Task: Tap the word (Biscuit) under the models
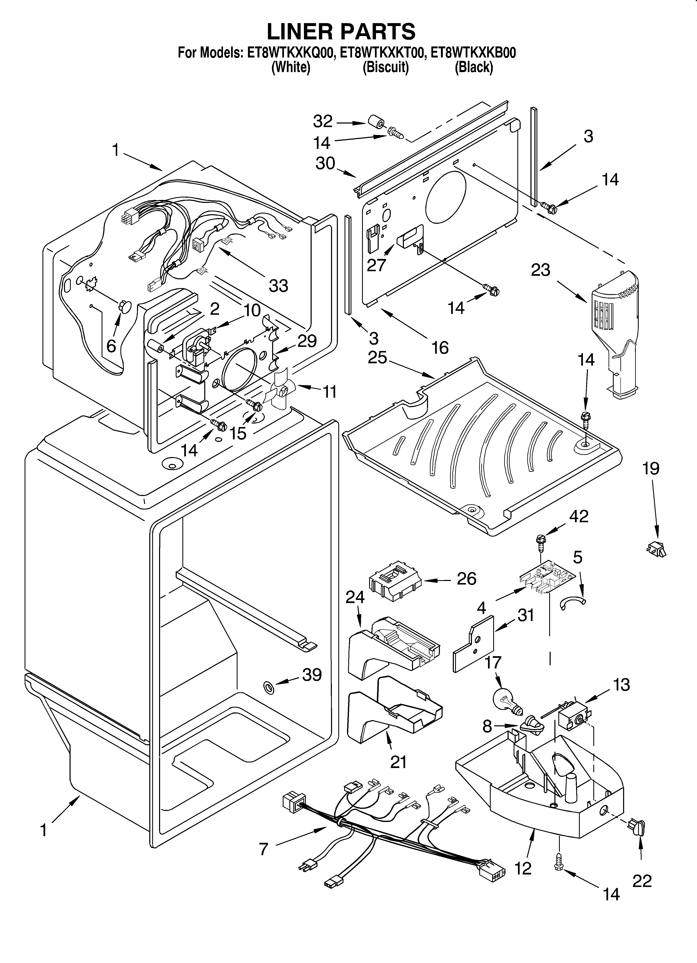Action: coord(385,67)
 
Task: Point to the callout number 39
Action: coord(312,675)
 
